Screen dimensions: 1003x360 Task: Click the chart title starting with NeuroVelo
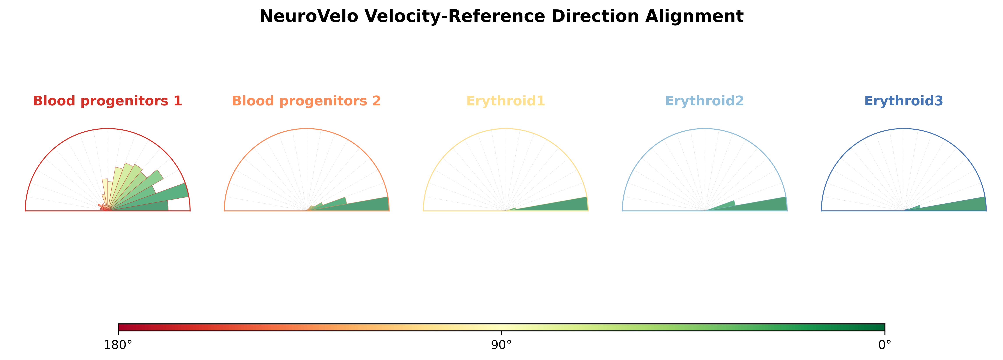coord(502,17)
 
